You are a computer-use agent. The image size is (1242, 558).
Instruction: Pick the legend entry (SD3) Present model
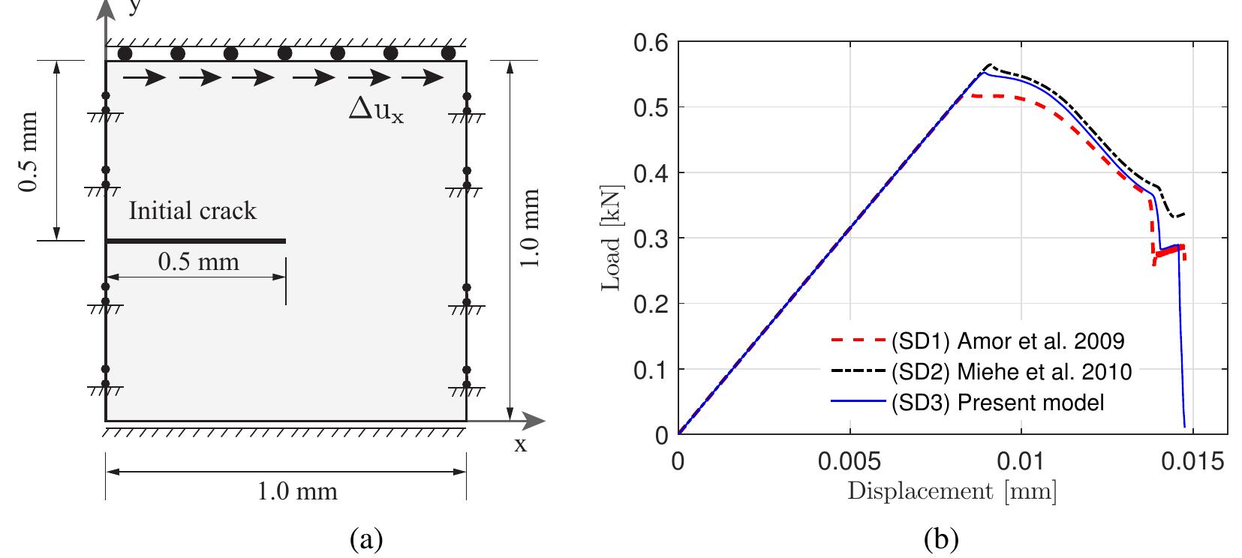click(997, 403)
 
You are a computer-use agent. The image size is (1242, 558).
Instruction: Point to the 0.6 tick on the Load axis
click(652, 42)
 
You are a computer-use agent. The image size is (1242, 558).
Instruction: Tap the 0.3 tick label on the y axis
click(652, 238)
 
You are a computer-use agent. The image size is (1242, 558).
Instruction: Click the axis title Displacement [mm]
click(952, 492)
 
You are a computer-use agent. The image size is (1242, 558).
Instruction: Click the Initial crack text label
click(193, 211)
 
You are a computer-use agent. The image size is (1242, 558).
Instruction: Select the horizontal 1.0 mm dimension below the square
click(297, 491)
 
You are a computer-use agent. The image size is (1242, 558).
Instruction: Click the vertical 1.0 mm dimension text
click(530, 230)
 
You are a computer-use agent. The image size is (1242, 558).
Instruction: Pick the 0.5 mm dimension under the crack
click(198, 262)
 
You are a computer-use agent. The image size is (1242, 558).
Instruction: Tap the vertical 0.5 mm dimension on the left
click(29, 151)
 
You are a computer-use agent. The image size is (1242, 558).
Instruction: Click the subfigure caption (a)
click(366, 539)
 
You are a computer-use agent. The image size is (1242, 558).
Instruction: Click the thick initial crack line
click(195, 241)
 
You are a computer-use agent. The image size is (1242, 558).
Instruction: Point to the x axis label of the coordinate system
click(519, 444)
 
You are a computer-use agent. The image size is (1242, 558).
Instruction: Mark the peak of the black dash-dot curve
click(989, 64)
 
